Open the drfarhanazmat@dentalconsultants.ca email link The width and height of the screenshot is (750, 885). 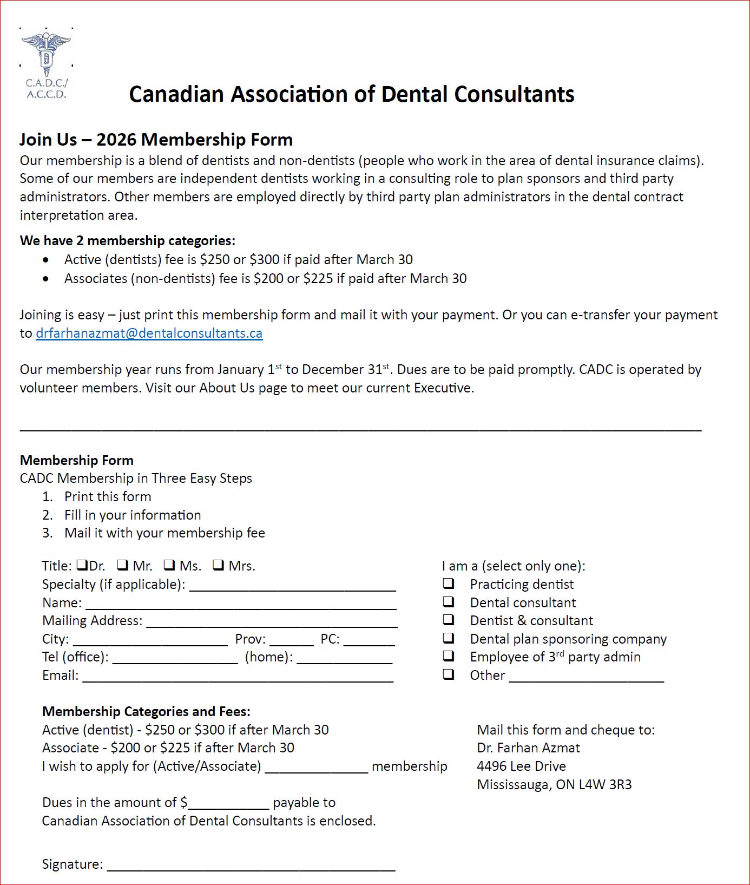[149, 333]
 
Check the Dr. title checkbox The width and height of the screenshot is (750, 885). [82, 565]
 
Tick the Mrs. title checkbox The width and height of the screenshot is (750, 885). [218, 565]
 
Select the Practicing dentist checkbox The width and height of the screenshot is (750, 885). [449, 584]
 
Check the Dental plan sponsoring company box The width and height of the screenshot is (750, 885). [449, 638]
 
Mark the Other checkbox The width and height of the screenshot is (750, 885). [449, 674]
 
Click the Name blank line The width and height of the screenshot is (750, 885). [241, 604]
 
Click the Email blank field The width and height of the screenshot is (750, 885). [238, 677]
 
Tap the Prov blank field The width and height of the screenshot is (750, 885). [292, 640]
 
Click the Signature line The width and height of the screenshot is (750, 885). [251, 865]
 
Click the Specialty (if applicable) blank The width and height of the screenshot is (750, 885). [292, 586]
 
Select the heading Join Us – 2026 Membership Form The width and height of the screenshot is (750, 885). [156, 140]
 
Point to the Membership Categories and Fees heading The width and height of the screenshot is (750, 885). [146, 711]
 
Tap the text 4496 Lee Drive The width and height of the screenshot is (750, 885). [521, 766]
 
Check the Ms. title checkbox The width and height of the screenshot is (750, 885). [169, 565]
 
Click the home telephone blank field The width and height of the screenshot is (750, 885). [344, 659]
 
